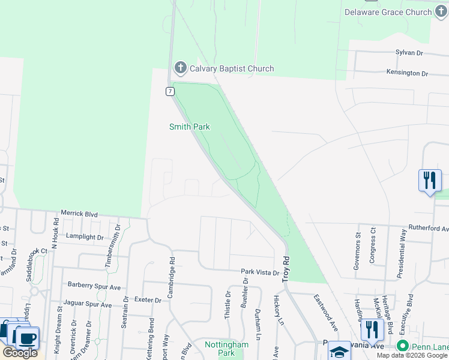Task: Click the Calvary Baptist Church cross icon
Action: click(x=180, y=68)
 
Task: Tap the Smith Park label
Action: click(x=190, y=127)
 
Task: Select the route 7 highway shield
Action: click(x=170, y=91)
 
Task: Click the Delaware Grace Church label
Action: click(x=388, y=12)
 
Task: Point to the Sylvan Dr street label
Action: click(x=409, y=53)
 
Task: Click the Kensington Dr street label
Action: click(x=407, y=73)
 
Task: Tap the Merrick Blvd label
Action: click(x=79, y=214)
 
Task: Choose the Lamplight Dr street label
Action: click(x=85, y=237)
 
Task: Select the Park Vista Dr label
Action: click(x=261, y=272)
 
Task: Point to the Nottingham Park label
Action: click(x=226, y=349)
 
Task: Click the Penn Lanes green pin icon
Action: click(x=402, y=347)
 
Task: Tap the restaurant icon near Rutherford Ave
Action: click(x=429, y=179)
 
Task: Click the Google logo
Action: click(x=20, y=353)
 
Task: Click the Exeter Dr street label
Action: click(x=148, y=300)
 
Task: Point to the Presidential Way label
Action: click(x=401, y=253)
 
